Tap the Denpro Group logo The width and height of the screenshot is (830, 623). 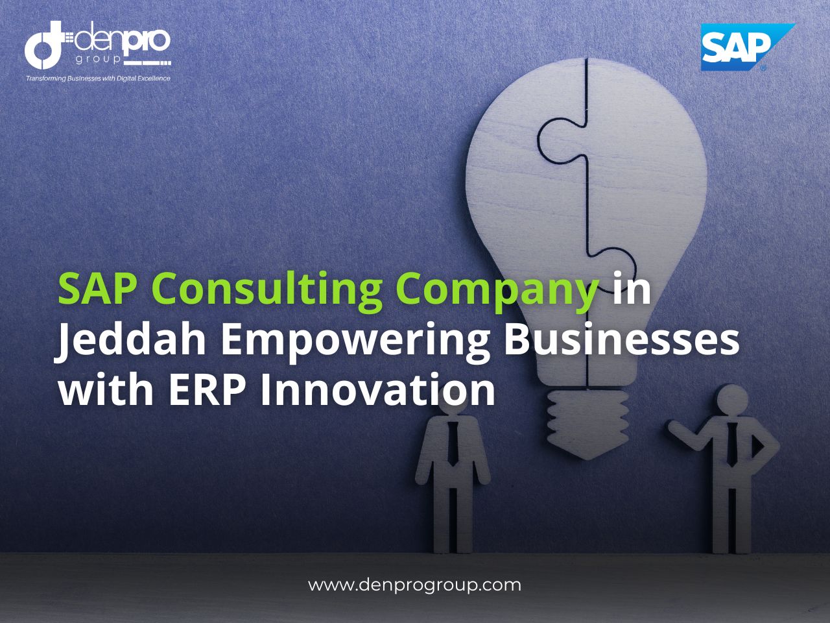[97, 45]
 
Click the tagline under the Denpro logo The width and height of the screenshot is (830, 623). [97, 79]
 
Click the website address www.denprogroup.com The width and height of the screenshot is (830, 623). [414, 585]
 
